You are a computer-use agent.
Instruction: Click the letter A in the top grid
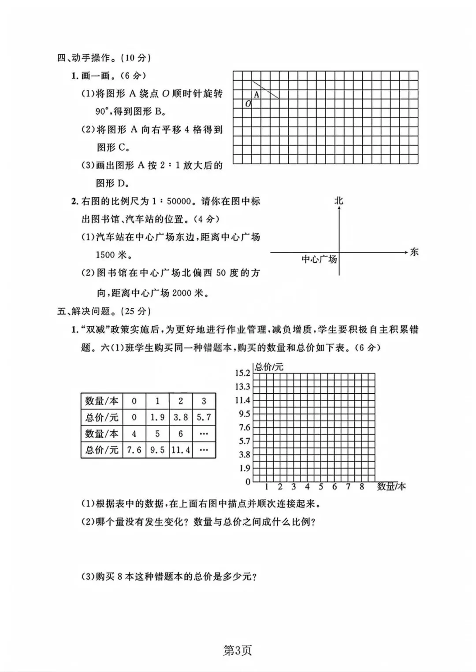(x=257, y=95)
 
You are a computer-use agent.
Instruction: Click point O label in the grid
(x=248, y=104)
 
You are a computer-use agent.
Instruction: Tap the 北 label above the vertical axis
(x=338, y=201)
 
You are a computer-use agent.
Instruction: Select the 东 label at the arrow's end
(x=414, y=252)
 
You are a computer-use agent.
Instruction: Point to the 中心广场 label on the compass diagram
(x=319, y=259)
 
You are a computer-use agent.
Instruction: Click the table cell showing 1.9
(x=157, y=417)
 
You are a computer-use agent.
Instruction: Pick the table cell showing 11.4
(x=181, y=450)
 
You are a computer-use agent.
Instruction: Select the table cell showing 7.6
(x=134, y=450)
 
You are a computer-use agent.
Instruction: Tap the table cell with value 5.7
(x=204, y=417)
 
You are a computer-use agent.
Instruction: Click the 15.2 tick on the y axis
(x=242, y=373)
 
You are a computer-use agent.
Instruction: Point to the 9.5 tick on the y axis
(x=244, y=414)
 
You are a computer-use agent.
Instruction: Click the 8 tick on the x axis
(x=362, y=487)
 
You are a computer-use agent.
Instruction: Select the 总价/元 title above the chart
(x=269, y=367)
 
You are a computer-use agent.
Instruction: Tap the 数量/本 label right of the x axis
(x=391, y=487)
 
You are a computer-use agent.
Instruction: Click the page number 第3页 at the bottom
(x=238, y=651)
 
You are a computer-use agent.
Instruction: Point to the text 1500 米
(x=112, y=255)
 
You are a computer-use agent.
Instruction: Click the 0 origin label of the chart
(x=248, y=482)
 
